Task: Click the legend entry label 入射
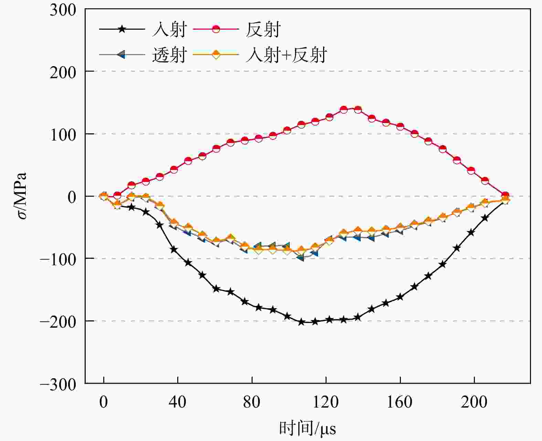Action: [169, 29]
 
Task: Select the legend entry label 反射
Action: [263, 29]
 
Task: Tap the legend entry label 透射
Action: [169, 55]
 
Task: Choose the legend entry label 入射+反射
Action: [286, 55]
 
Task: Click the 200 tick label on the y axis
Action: [63, 72]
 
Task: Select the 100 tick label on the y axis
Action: [63, 134]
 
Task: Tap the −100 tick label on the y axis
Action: [57, 259]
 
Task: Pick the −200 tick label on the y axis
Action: [57, 321]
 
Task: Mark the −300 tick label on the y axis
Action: [57, 384]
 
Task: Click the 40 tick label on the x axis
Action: [178, 402]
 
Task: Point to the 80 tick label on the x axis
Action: [252, 402]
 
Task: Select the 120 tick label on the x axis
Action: [326, 402]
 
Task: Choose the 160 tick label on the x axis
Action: [400, 402]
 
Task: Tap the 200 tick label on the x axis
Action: [474, 402]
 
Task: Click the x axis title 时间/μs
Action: [307, 428]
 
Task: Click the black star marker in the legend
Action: [122, 29]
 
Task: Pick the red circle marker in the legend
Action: [216, 29]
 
